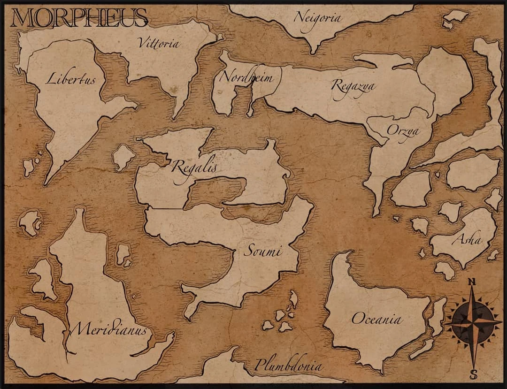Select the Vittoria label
[159, 43]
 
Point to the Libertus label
[70, 79]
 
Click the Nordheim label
[246, 77]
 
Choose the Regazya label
[353, 85]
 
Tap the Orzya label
[402, 131]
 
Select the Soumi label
[262, 251]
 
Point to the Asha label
[467, 239]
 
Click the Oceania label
[376, 319]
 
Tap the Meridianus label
[111, 329]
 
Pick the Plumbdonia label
[288, 366]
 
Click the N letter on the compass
[473, 282]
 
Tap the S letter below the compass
[473, 374]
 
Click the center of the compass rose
[473, 324]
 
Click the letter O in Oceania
[358, 319]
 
